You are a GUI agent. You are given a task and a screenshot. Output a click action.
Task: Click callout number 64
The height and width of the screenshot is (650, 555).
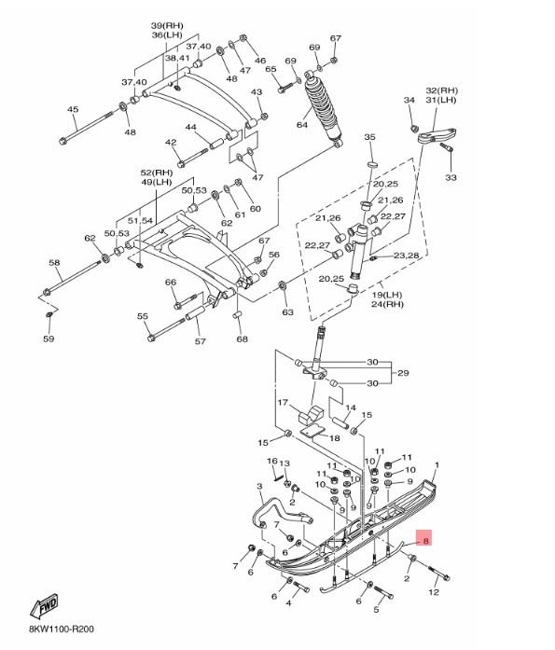click(302, 124)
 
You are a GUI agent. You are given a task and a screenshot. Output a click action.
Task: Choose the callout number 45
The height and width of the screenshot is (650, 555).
click(73, 110)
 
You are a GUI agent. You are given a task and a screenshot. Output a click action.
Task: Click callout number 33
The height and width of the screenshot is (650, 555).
click(451, 177)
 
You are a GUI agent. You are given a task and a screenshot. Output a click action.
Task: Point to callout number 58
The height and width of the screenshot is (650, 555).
click(54, 263)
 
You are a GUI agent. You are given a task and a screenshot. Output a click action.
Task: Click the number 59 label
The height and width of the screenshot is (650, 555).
click(49, 339)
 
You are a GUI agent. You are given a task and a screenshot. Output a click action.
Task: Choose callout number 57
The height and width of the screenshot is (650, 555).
click(200, 341)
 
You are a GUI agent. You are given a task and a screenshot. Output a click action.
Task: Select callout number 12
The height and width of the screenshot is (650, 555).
click(433, 592)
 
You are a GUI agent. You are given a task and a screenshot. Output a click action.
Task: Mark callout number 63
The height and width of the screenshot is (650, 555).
click(287, 311)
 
